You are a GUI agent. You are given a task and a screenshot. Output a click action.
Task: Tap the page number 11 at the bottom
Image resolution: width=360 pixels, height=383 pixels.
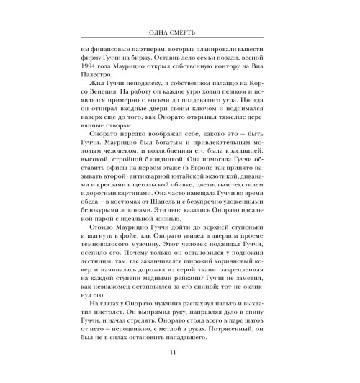pyautogui.click(x=180, y=353)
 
